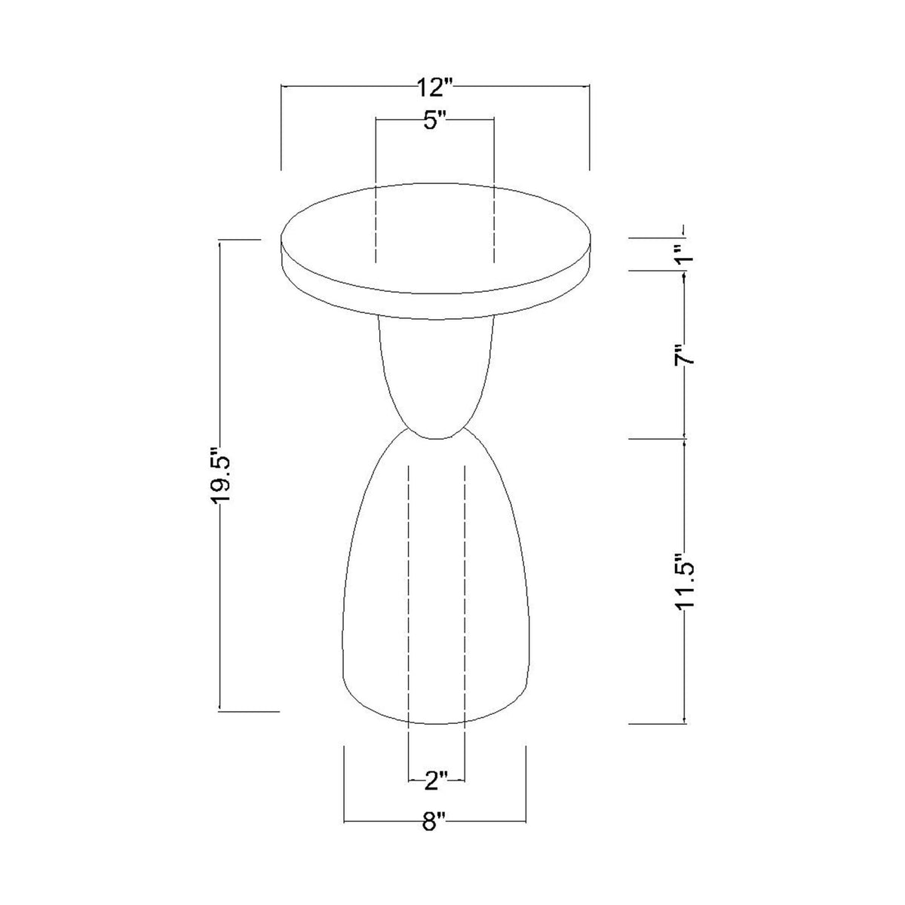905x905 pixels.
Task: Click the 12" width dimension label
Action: click(434, 87)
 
